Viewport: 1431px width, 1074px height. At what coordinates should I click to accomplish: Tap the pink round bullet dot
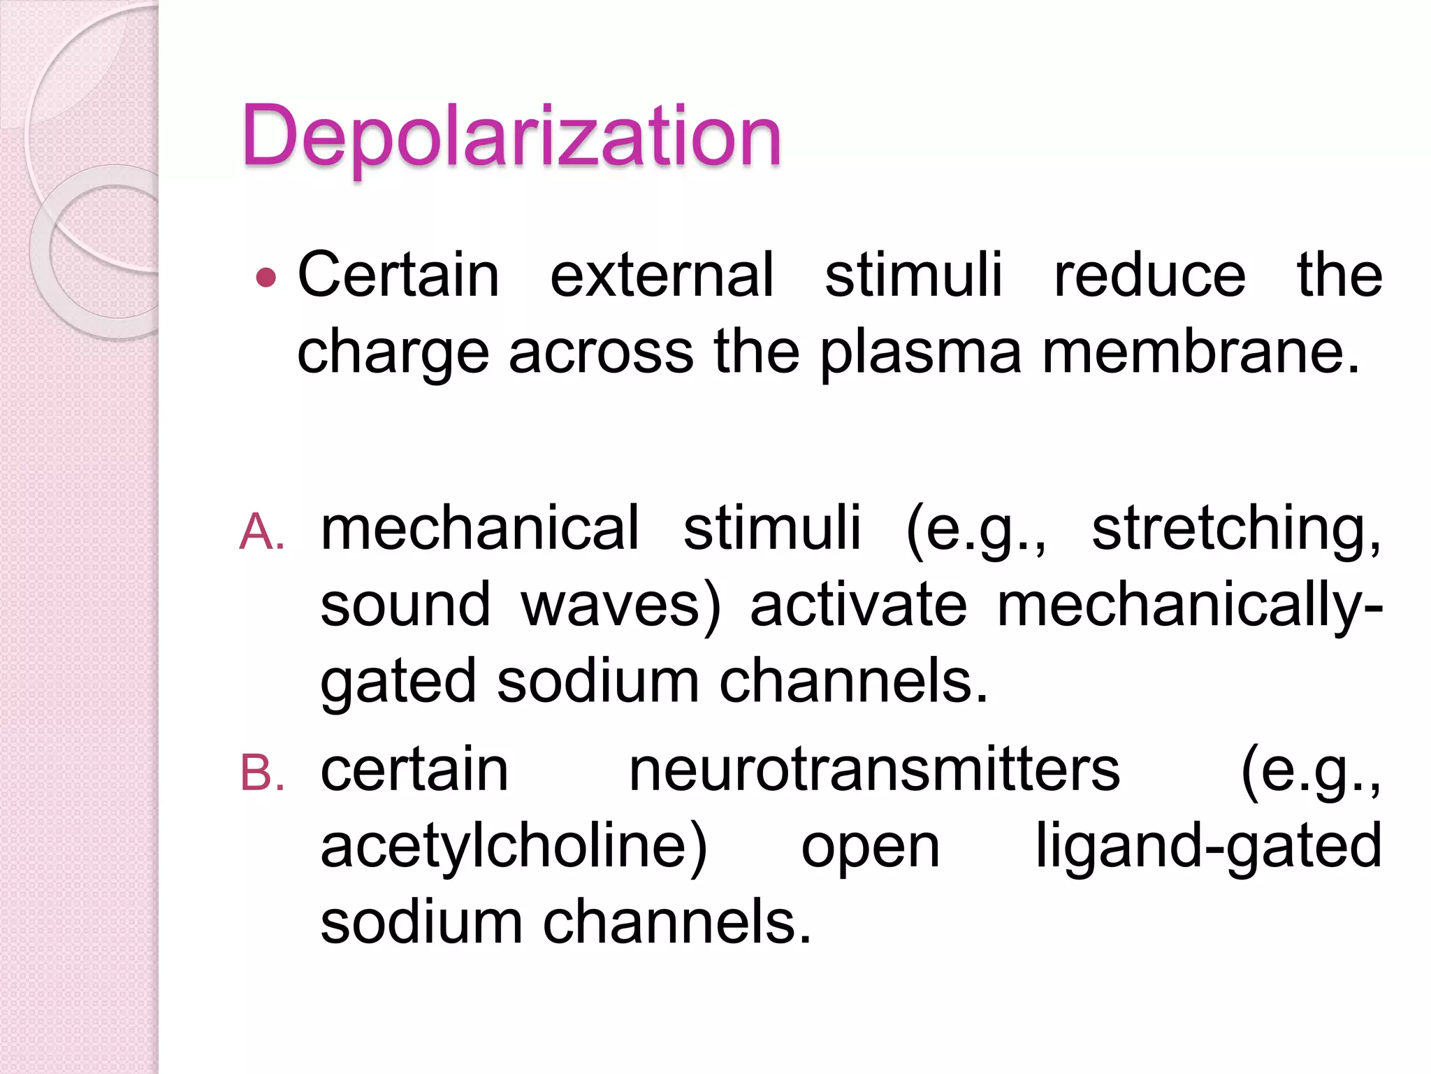click(x=266, y=278)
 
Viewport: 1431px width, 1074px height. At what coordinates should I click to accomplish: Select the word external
click(x=662, y=275)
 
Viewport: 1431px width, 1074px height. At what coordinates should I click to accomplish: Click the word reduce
click(x=1149, y=275)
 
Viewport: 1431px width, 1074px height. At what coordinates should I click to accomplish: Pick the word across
click(x=601, y=352)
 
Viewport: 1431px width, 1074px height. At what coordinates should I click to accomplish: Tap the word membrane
click(x=1200, y=352)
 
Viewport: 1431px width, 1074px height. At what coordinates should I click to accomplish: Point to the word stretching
click(x=1235, y=529)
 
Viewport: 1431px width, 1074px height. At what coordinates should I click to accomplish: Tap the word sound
click(x=405, y=605)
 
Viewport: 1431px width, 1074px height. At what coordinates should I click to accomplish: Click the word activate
click(x=858, y=605)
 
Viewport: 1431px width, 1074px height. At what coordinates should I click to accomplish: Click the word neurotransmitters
click(x=874, y=770)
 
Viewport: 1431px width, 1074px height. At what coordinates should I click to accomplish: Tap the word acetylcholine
click(x=513, y=847)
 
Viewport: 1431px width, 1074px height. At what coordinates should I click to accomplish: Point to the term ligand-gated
click(x=1208, y=847)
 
